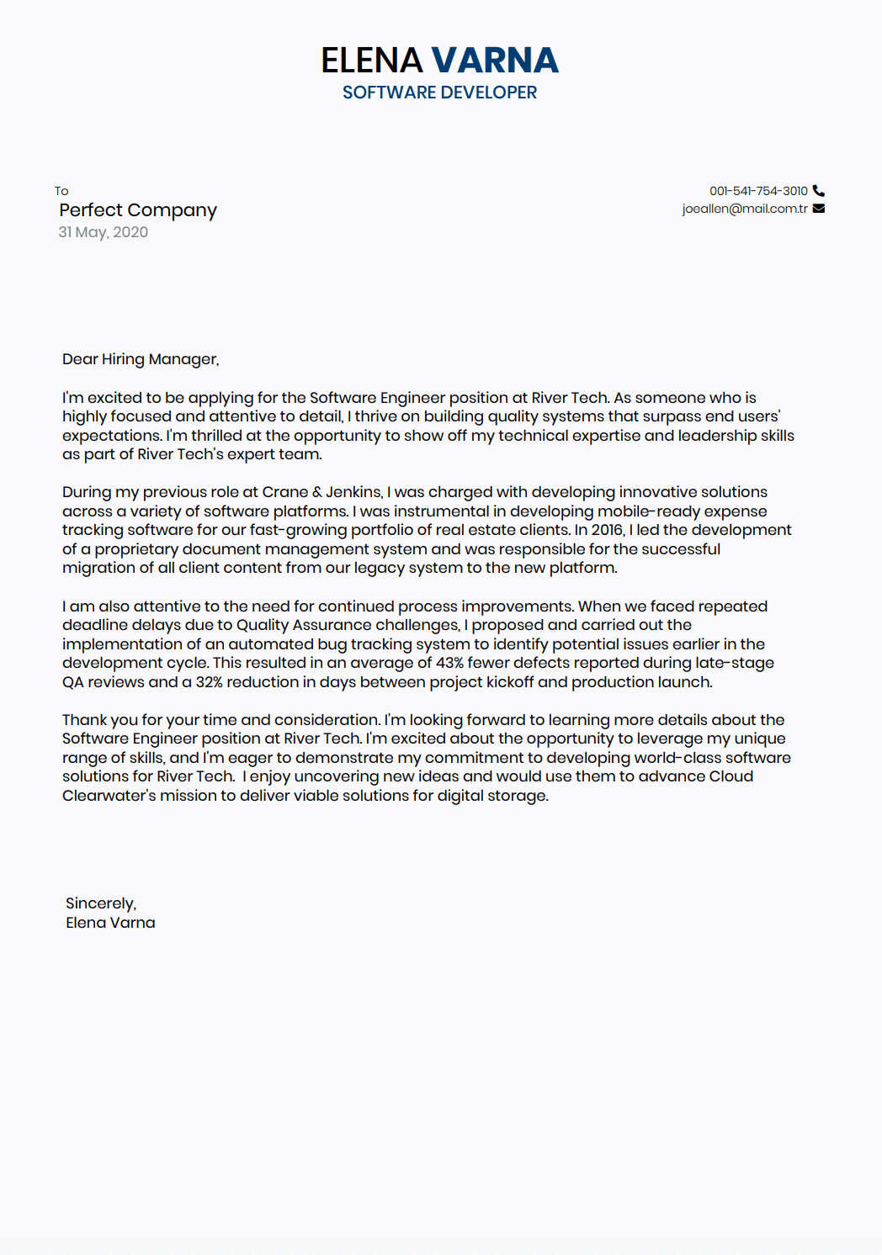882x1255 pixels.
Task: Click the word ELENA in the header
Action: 371,61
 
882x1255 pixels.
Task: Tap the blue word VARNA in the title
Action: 495,61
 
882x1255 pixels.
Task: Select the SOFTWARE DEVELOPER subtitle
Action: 439,93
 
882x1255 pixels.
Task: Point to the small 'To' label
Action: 61,191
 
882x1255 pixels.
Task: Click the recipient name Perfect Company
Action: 138,210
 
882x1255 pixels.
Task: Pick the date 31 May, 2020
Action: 103,232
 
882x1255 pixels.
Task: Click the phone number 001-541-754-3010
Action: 758,191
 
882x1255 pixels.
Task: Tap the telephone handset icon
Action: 819,191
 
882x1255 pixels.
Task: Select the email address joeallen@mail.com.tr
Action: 745,209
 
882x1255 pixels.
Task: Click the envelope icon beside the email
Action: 819,209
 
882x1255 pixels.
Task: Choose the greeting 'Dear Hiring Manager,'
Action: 141,359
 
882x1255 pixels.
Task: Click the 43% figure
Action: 449,663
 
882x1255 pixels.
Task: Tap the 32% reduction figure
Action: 210,682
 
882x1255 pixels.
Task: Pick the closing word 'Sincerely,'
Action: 101,903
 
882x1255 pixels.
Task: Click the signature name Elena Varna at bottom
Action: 110,923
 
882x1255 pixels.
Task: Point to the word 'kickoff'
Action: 508,682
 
